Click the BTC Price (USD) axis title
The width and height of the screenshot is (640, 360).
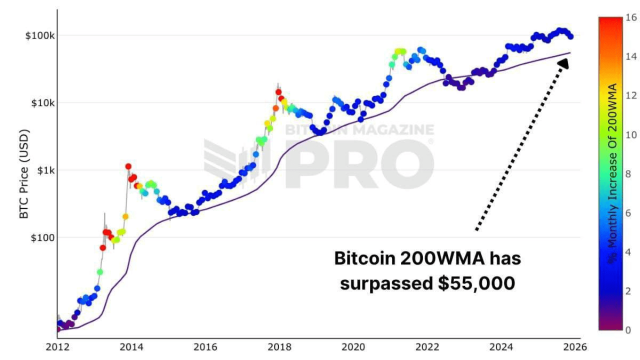click(24, 174)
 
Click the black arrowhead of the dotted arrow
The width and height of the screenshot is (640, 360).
click(563, 63)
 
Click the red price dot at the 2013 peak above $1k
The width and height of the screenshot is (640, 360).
click(128, 166)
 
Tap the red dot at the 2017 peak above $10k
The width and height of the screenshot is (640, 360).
click(278, 92)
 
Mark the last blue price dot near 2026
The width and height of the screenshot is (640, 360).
click(570, 36)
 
